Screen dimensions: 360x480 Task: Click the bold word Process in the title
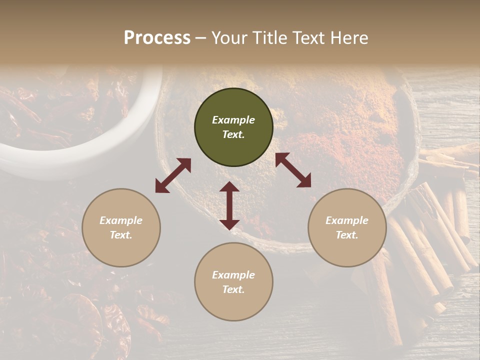(157, 38)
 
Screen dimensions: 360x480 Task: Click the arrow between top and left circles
(173, 175)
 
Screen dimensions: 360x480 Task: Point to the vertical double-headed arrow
(229, 205)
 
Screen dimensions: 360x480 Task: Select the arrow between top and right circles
(293, 170)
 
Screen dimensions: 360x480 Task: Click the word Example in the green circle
(233, 120)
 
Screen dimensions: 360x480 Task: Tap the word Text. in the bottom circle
(233, 289)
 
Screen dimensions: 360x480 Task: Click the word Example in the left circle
(121, 220)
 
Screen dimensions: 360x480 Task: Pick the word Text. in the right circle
(347, 235)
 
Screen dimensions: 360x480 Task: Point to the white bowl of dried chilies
(75, 120)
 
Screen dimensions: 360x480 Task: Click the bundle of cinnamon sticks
(430, 235)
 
